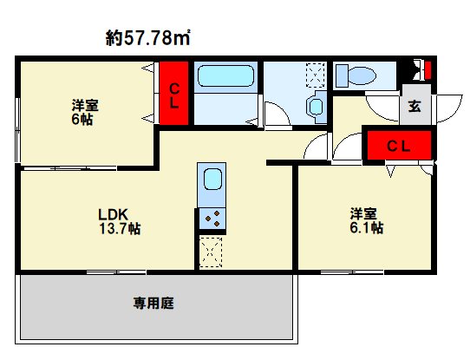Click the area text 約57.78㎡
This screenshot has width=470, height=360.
pyautogui.click(x=148, y=37)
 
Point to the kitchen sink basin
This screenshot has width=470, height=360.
pyautogui.click(x=212, y=184)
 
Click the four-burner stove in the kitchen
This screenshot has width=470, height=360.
pyautogui.click(x=212, y=219)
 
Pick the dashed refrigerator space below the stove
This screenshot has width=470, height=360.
pyautogui.click(x=212, y=251)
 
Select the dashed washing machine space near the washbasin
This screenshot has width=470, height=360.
pyautogui.click(x=315, y=75)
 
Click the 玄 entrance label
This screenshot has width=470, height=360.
pyautogui.click(x=415, y=107)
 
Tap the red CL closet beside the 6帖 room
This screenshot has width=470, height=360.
pyautogui.click(x=173, y=92)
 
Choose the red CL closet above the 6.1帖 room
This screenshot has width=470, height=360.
pyautogui.click(x=398, y=146)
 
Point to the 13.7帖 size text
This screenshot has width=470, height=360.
pyautogui.click(x=121, y=229)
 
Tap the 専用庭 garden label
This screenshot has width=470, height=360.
pyautogui.click(x=154, y=304)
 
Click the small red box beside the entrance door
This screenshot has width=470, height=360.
pyautogui.click(x=425, y=69)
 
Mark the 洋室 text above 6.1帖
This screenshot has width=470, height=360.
pyautogui.click(x=364, y=213)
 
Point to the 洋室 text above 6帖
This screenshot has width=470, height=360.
pyautogui.click(x=85, y=106)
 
